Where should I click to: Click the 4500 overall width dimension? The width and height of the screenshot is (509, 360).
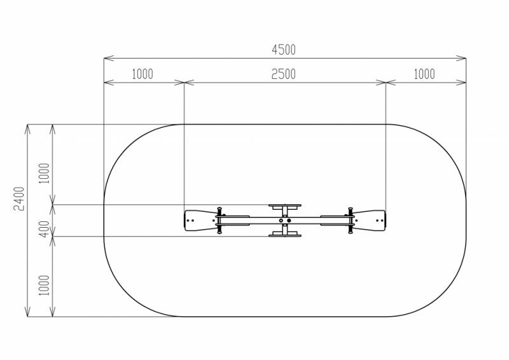point(284,50)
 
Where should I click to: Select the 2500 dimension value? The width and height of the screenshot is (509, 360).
point(283,74)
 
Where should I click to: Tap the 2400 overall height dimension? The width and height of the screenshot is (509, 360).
point(19,198)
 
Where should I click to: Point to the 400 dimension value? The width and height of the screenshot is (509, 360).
point(45,229)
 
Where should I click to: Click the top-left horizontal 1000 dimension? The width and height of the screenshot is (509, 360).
point(142,74)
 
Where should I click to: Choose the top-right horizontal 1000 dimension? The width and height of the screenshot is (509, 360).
point(424,74)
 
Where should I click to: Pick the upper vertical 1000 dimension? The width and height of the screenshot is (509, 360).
point(44,174)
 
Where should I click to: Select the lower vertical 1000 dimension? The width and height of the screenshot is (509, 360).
point(44,286)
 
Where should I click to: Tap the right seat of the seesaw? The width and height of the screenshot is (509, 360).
point(370,221)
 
